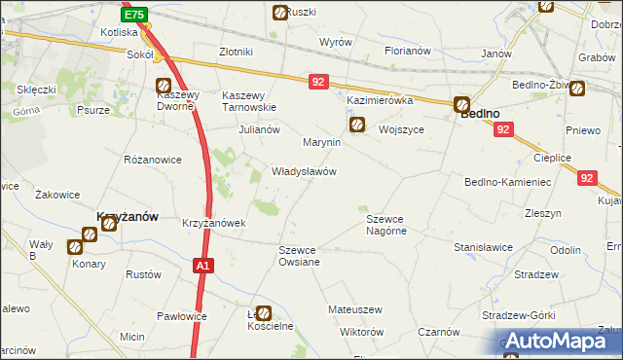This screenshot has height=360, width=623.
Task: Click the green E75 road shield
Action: [135, 15]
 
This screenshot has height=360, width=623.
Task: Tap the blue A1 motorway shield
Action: [202, 265]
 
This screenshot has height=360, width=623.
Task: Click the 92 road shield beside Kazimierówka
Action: [318, 83]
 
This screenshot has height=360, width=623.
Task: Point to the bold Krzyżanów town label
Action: [126, 217]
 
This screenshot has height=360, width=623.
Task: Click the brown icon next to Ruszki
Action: [280, 14]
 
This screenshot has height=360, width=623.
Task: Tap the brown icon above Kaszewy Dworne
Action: [164, 86]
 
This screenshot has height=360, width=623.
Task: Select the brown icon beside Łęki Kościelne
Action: [264, 314]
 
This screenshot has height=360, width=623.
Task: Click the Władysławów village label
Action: [304, 171]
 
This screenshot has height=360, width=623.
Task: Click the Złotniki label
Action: [237, 52]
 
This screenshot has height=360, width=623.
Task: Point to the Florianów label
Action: [406, 51]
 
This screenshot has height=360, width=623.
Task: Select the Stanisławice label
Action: [483, 247]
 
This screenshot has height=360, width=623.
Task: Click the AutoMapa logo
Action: [558, 341]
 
